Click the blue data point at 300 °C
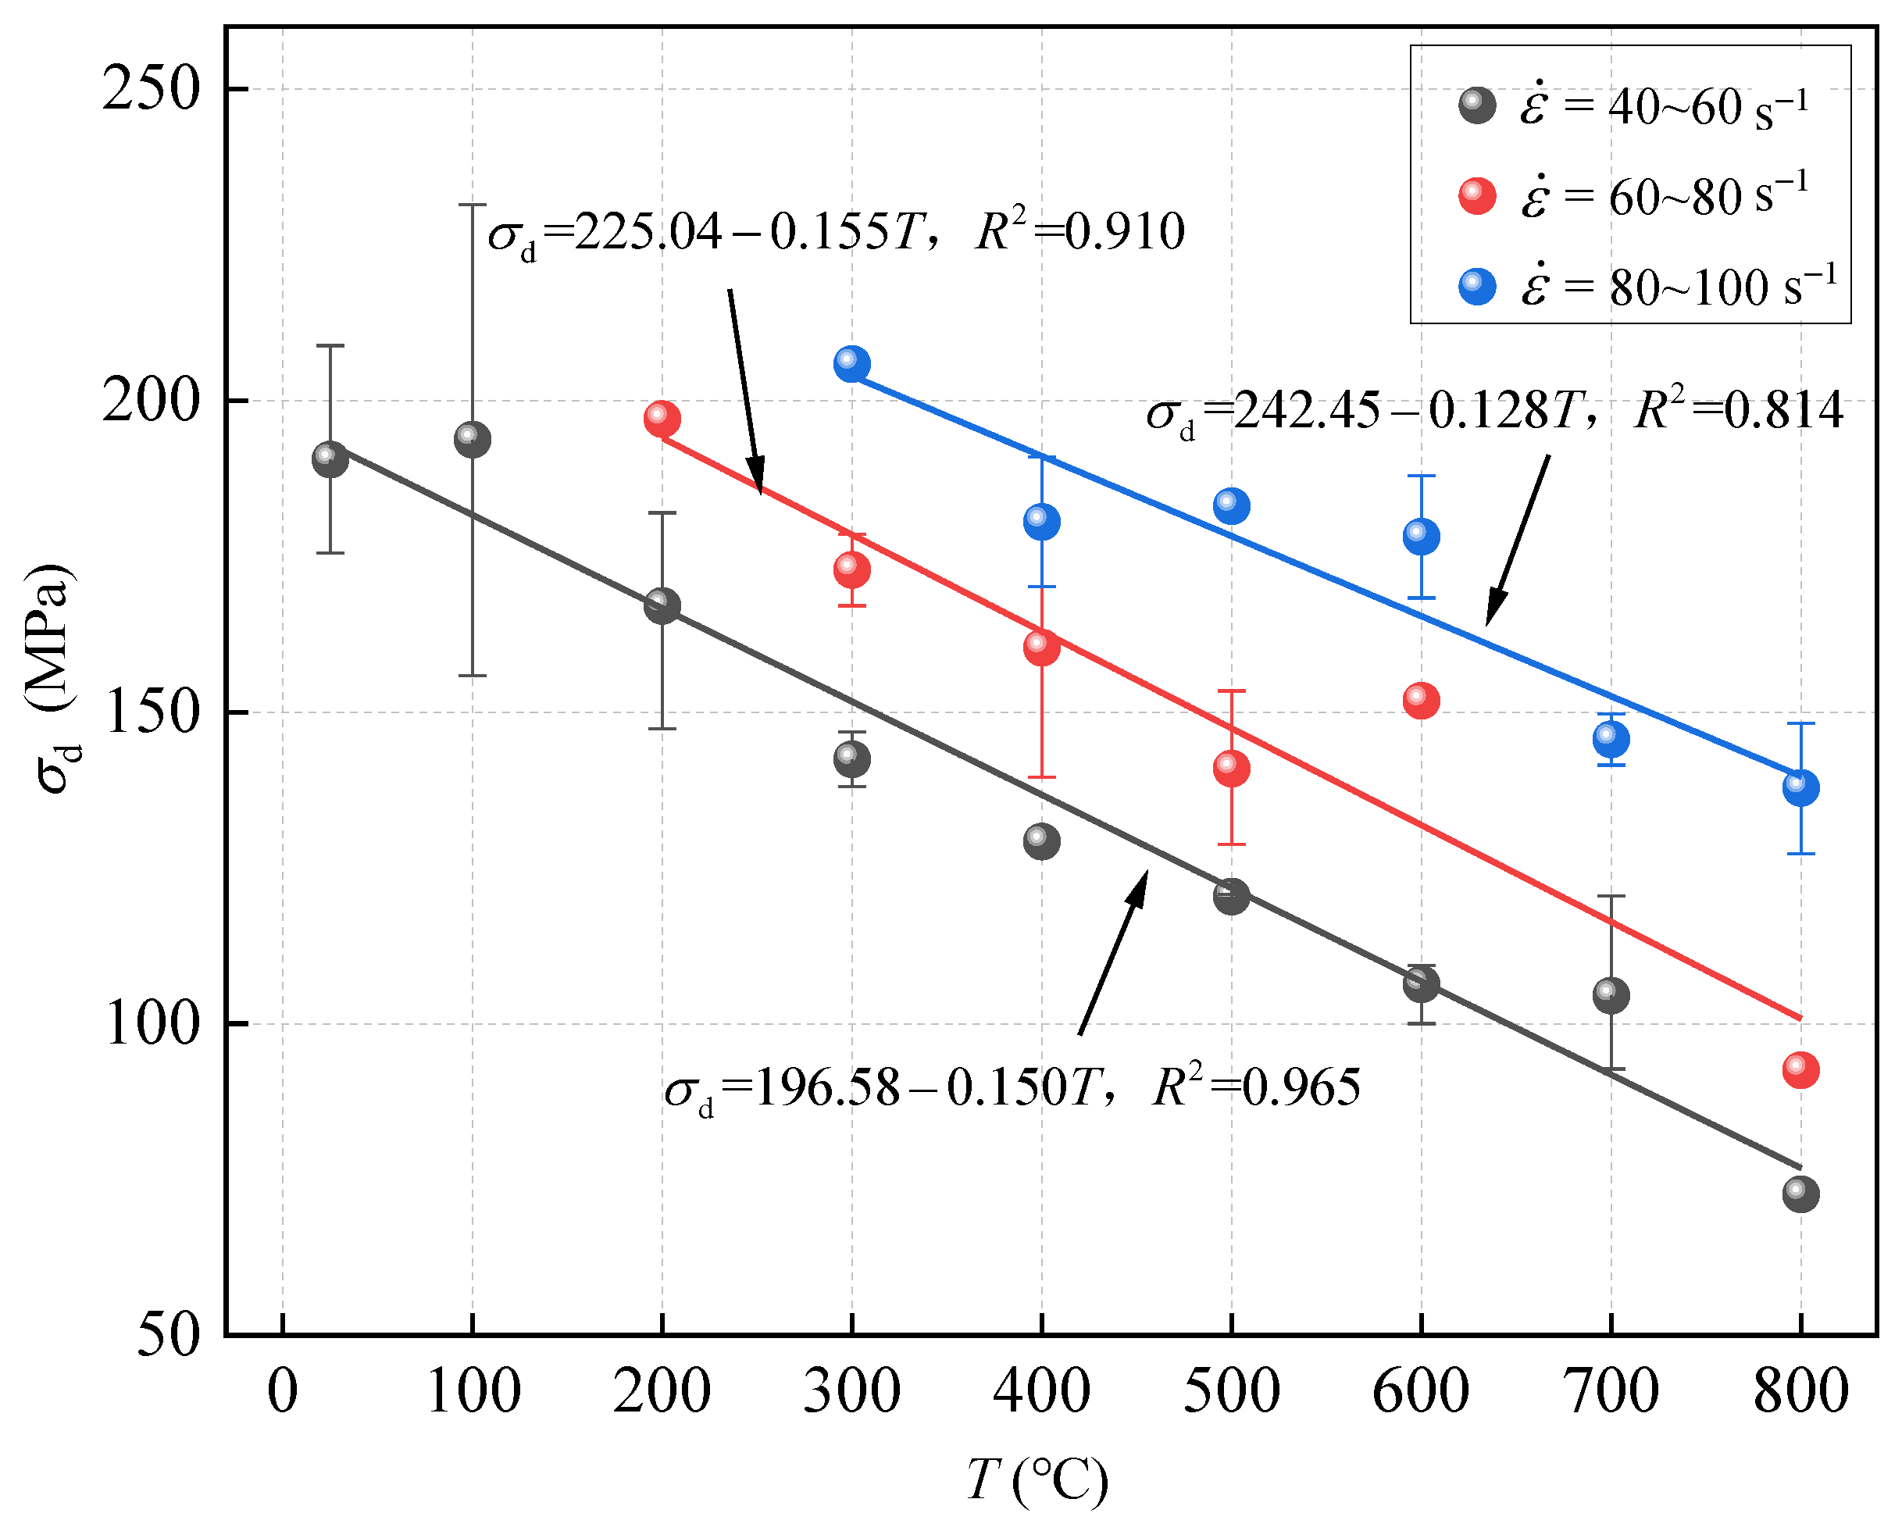click(x=851, y=363)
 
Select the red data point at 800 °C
click(x=1800, y=1069)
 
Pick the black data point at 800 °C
click(x=1800, y=1194)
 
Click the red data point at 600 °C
click(x=1421, y=700)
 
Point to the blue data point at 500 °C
click(x=1232, y=505)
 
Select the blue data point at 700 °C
click(x=1611, y=739)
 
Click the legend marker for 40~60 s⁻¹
click(x=1478, y=106)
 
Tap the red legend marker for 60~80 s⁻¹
click(x=1478, y=196)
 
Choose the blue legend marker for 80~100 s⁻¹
click(x=1478, y=287)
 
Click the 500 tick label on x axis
click(x=1232, y=1392)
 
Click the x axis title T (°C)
click(x=1037, y=1481)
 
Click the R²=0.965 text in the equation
click(x=1256, y=1087)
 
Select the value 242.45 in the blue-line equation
click(x=1307, y=411)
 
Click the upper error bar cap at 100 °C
click(x=472, y=205)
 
